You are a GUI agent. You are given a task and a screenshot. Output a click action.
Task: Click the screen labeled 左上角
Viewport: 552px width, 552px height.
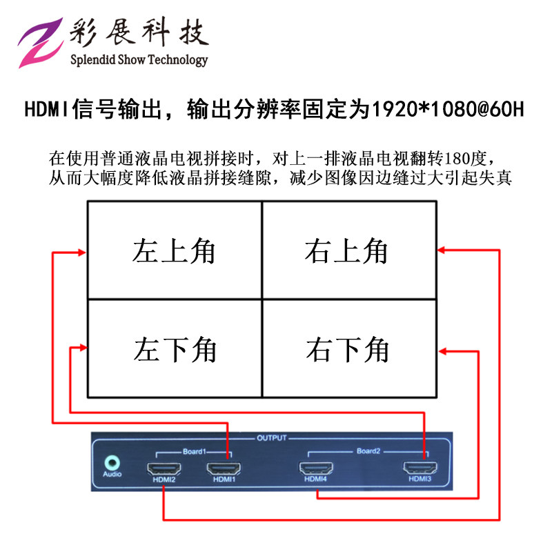pyautogui.click(x=175, y=250)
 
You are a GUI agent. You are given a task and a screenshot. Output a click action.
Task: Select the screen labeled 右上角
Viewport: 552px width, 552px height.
pyautogui.click(x=349, y=250)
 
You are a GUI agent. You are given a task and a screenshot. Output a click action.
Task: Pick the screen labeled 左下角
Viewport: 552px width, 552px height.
pyautogui.click(x=175, y=349)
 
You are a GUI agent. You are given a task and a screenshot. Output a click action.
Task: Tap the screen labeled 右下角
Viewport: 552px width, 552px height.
pyautogui.click(x=349, y=349)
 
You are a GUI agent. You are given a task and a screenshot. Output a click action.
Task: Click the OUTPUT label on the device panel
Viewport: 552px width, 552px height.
pyautogui.click(x=271, y=437)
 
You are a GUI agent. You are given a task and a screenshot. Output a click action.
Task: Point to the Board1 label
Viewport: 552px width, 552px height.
pyautogui.click(x=194, y=452)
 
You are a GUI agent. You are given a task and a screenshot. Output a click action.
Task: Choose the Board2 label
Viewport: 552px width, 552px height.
pyautogui.click(x=368, y=452)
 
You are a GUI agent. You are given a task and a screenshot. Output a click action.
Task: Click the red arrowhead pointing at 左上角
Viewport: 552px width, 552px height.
pyautogui.click(x=83, y=252)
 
